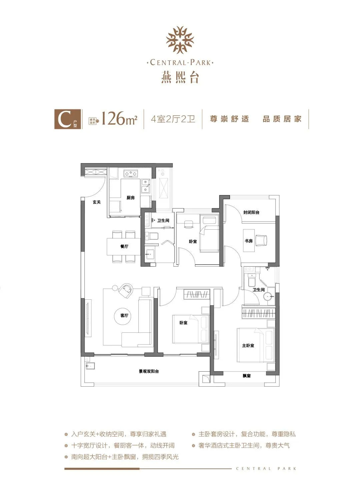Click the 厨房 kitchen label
[x=131, y=198]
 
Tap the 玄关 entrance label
[x=97, y=202]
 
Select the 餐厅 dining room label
[x=124, y=246]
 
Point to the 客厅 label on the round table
[x=124, y=315]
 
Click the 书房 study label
[x=249, y=241]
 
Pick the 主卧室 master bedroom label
[x=248, y=345]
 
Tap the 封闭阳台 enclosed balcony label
[x=251, y=212]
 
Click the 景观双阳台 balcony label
[x=149, y=371]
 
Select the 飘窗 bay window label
[x=247, y=376]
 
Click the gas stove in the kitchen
[x=131, y=173]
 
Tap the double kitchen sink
[x=146, y=186]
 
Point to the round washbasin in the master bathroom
[x=268, y=297]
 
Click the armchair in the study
[x=261, y=240]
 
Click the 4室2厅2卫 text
[x=173, y=119]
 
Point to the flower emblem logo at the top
[x=180, y=40]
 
